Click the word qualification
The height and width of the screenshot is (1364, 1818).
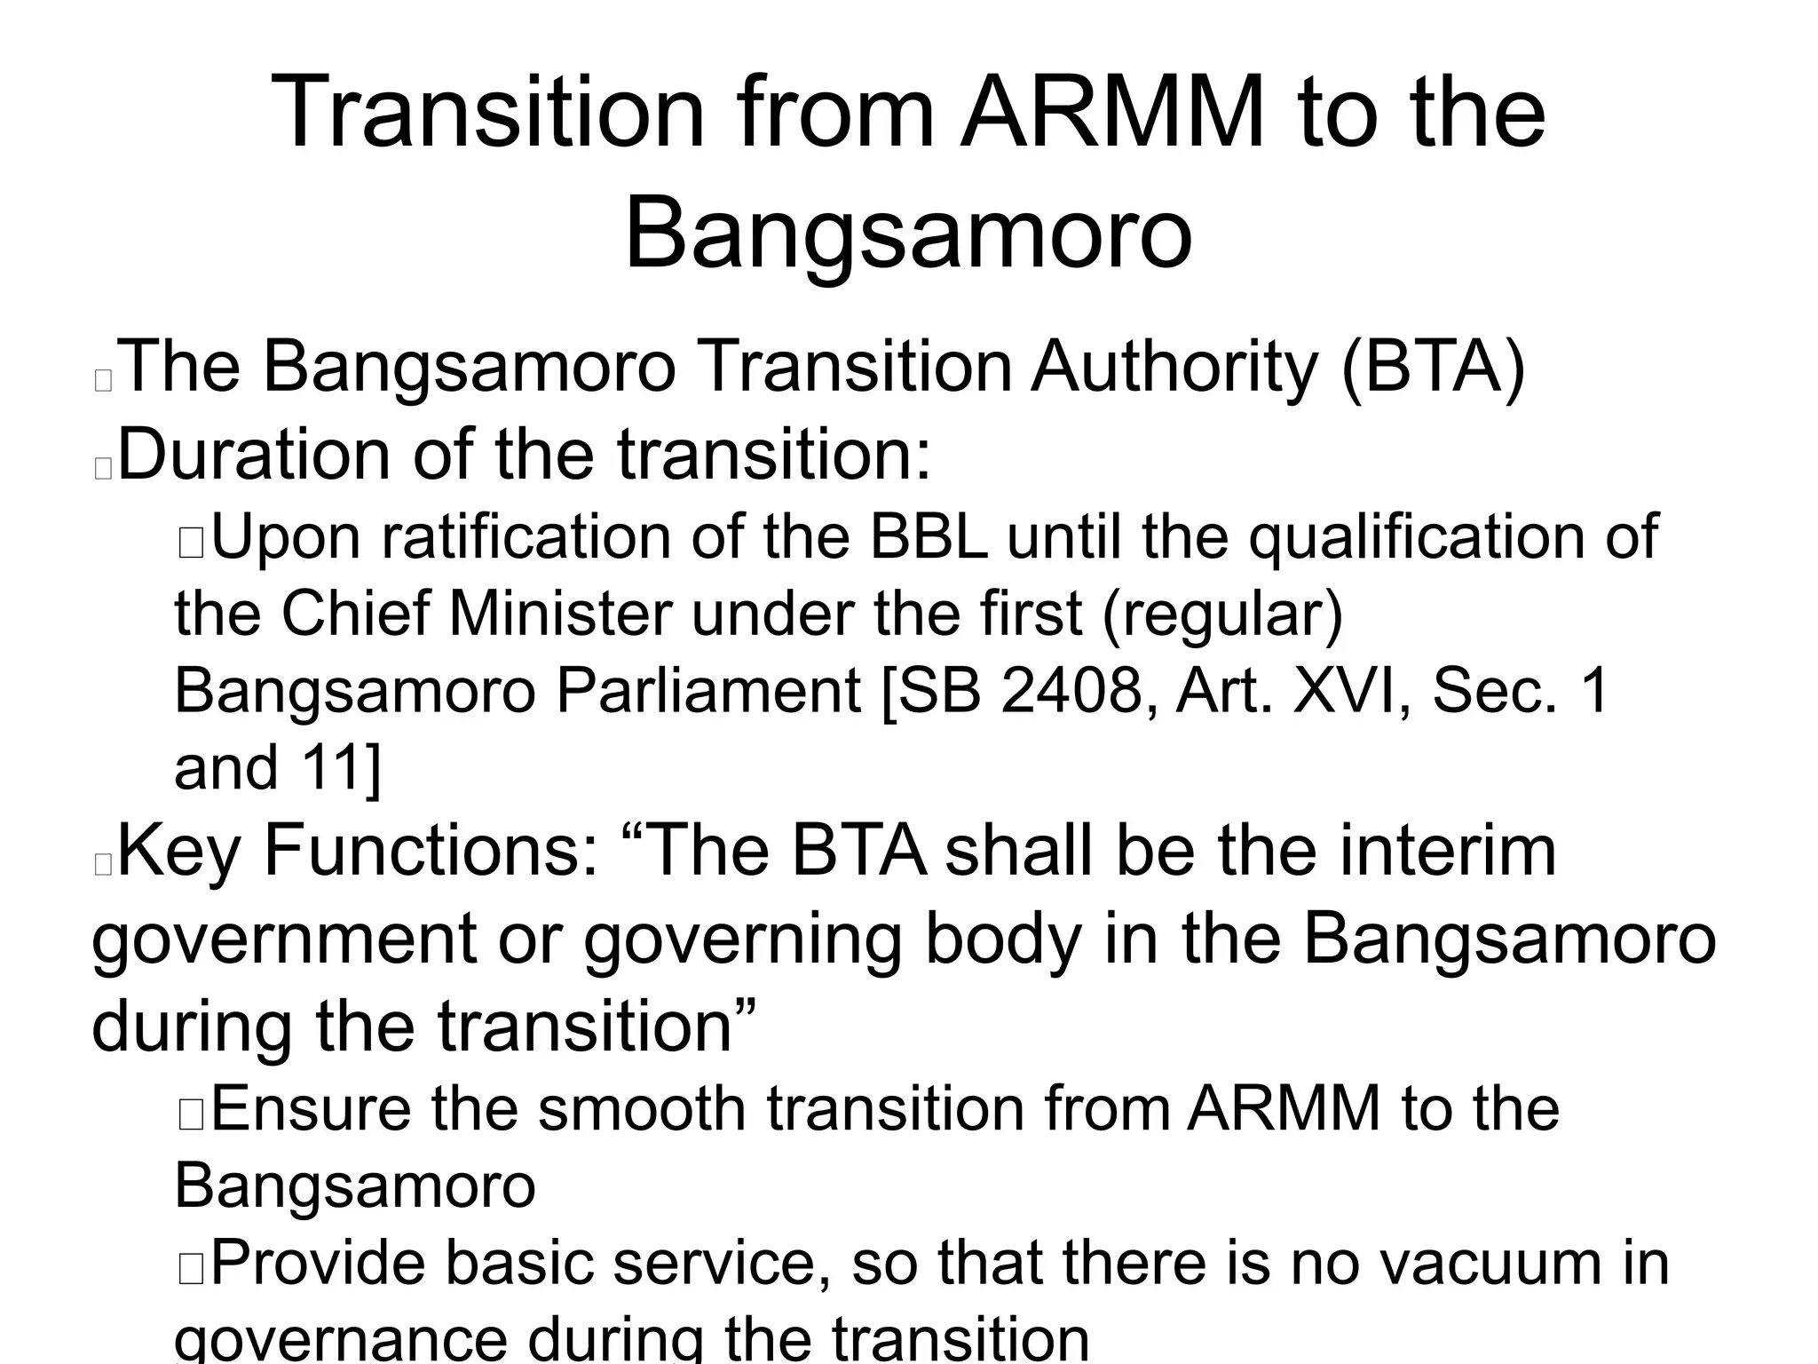(1415, 538)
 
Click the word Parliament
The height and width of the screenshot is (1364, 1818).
(707, 691)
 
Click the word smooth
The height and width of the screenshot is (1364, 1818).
(642, 1110)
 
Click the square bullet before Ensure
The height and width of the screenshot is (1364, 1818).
(191, 1114)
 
